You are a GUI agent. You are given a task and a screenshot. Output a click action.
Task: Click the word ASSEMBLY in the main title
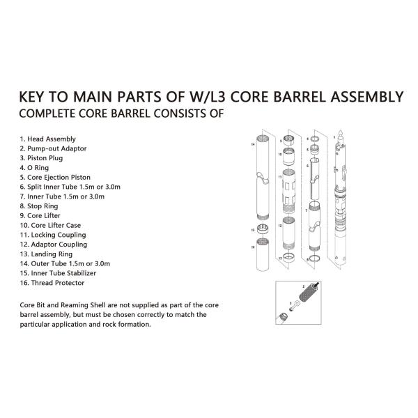tap(367, 97)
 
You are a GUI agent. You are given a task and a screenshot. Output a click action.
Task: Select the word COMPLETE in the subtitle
tap(47, 114)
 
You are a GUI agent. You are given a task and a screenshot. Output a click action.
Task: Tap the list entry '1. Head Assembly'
tap(47, 139)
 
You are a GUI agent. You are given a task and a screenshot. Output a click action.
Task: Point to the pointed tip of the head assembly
tap(341, 131)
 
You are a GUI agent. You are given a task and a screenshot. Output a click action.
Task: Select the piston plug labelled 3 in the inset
tap(295, 305)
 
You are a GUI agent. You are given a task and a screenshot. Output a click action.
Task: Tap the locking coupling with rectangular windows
tap(288, 191)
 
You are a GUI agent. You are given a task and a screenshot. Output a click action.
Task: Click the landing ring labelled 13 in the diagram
tap(288, 258)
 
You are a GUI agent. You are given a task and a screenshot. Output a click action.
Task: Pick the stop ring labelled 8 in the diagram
tap(315, 258)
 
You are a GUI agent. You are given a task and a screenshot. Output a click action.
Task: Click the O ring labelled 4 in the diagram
tap(315, 139)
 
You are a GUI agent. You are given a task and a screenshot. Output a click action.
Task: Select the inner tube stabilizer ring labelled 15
tap(263, 229)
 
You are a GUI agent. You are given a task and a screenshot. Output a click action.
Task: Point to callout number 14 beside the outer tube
tap(253, 144)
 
